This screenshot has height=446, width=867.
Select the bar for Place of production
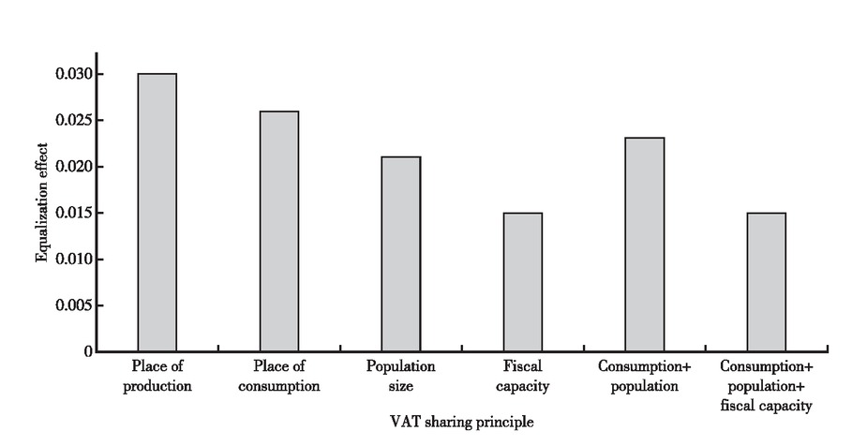(157, 213)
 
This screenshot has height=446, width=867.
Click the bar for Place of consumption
(278, 231)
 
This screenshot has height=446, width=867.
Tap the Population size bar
(400, 254)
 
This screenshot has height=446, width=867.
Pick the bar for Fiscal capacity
(522, 282)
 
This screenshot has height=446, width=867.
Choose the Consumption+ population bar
(644, 245)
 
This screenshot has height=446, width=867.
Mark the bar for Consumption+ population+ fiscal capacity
(766, 282)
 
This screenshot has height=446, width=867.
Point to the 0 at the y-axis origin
(88, 352)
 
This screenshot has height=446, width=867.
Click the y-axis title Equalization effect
(41, 201)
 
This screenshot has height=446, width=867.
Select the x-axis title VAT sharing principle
(461, 423)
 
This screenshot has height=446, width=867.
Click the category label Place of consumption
(278, 376)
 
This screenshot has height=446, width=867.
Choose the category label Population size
(400, 376)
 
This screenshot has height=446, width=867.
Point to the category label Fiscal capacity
(522, 376)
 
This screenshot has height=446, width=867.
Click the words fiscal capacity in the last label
(766, 407)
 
